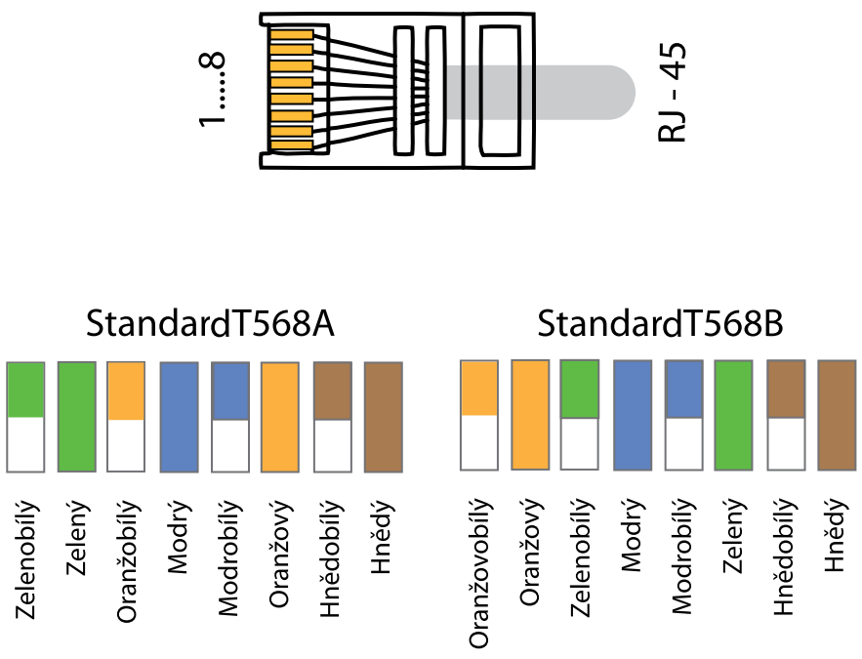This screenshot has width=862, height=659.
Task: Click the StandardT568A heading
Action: tap(210, 324)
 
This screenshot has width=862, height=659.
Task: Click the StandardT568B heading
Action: tap(661, 324)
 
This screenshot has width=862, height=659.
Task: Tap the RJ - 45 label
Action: tap(674, 93)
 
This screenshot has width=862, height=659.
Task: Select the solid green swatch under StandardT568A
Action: tap(77, 417)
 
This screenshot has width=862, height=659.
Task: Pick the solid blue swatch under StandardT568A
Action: tap(179, 417)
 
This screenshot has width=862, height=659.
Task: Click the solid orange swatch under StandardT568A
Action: tap(280, 417)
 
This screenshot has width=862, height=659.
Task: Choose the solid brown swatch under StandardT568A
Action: tap(383, 417)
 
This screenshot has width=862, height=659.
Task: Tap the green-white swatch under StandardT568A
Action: tap(26, 417)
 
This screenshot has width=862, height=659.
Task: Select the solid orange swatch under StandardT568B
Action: tap(530, 415)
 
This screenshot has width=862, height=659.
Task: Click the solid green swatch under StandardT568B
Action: tap(733, 415)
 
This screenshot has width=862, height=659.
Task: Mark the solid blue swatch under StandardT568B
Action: tap(632, 415)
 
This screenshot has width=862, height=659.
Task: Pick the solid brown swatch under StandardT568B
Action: tap(835, 415)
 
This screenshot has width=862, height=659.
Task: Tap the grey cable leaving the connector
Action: tap(576, 93)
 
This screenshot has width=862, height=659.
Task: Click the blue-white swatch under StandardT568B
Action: tap(682, 415)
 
